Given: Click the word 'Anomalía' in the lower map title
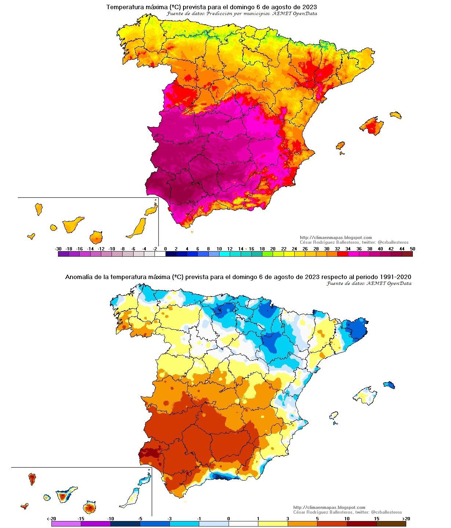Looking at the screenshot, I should pos(79,277).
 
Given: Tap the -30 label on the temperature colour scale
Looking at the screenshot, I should pos(58,249).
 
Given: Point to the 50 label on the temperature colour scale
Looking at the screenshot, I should pos(412,249).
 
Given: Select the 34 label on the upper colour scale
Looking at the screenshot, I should pos(348,249).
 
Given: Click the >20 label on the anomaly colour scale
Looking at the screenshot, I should pos(406,518).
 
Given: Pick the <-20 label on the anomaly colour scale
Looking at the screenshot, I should pos(51,518).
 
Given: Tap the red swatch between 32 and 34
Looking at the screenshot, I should pos(342,254).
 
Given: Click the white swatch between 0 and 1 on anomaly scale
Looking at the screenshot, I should pos(243,524).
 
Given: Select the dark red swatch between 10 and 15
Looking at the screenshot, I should pos(361,524).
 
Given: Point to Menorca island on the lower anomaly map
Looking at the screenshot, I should pos(389,385).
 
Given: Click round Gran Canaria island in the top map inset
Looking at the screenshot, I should pos(96,237).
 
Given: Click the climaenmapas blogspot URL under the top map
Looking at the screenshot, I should pos(335,238).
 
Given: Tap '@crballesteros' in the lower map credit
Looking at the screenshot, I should pos(386,512).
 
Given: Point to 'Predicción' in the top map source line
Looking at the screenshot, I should pos(219,14).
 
